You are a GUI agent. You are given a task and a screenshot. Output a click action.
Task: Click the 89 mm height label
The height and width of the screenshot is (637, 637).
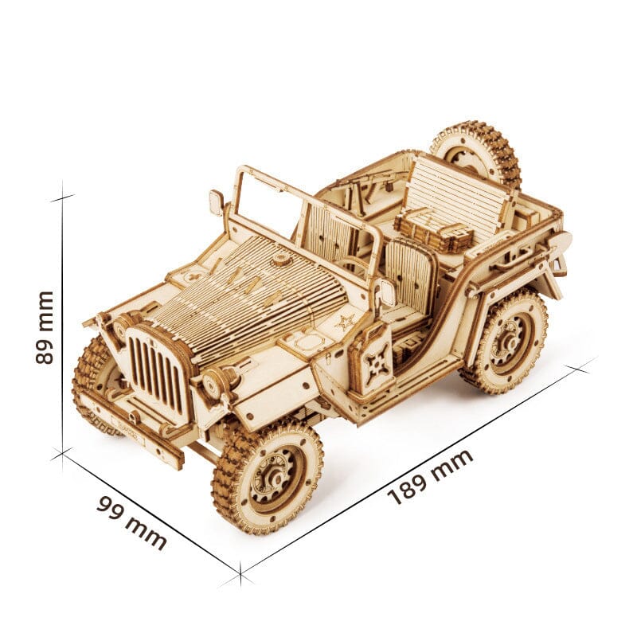(x=45, y=327)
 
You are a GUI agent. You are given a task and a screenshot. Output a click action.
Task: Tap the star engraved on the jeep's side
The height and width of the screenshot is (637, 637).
(x=345, y=323)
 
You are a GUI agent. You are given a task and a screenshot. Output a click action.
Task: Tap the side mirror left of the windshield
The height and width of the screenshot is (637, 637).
(x=217, y=201)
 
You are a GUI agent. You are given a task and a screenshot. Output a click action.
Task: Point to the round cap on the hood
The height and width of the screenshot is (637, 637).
(x=280, y=260)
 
